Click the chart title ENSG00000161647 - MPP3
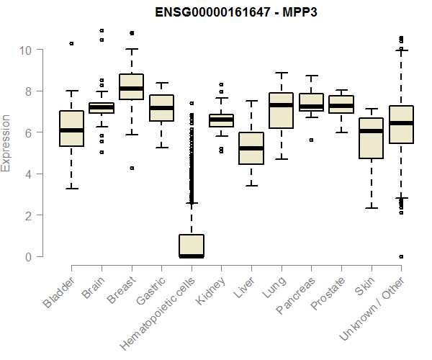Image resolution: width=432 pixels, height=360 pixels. (x=236, y=12)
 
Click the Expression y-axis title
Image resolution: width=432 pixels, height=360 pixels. (x=6, y=143)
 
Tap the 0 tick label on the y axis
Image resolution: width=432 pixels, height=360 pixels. (x=29, y=257)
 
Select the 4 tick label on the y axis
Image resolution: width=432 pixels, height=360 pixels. (x=29, y=174)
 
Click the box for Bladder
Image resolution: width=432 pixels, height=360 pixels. (x=71, y=128)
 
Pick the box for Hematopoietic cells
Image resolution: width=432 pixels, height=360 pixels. (x=192, y=246)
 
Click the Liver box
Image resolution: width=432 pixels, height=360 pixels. (x=251, y=148)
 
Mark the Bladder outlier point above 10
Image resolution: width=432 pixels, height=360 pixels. (x=71, y=44)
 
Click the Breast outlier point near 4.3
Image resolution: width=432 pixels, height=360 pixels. (x=131, y=168)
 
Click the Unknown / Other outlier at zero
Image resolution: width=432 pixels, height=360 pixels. (x=401, y=256)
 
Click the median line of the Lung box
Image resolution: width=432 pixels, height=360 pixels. (x=281, y=105)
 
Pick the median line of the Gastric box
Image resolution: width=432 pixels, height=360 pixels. (x=161, y=108)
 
